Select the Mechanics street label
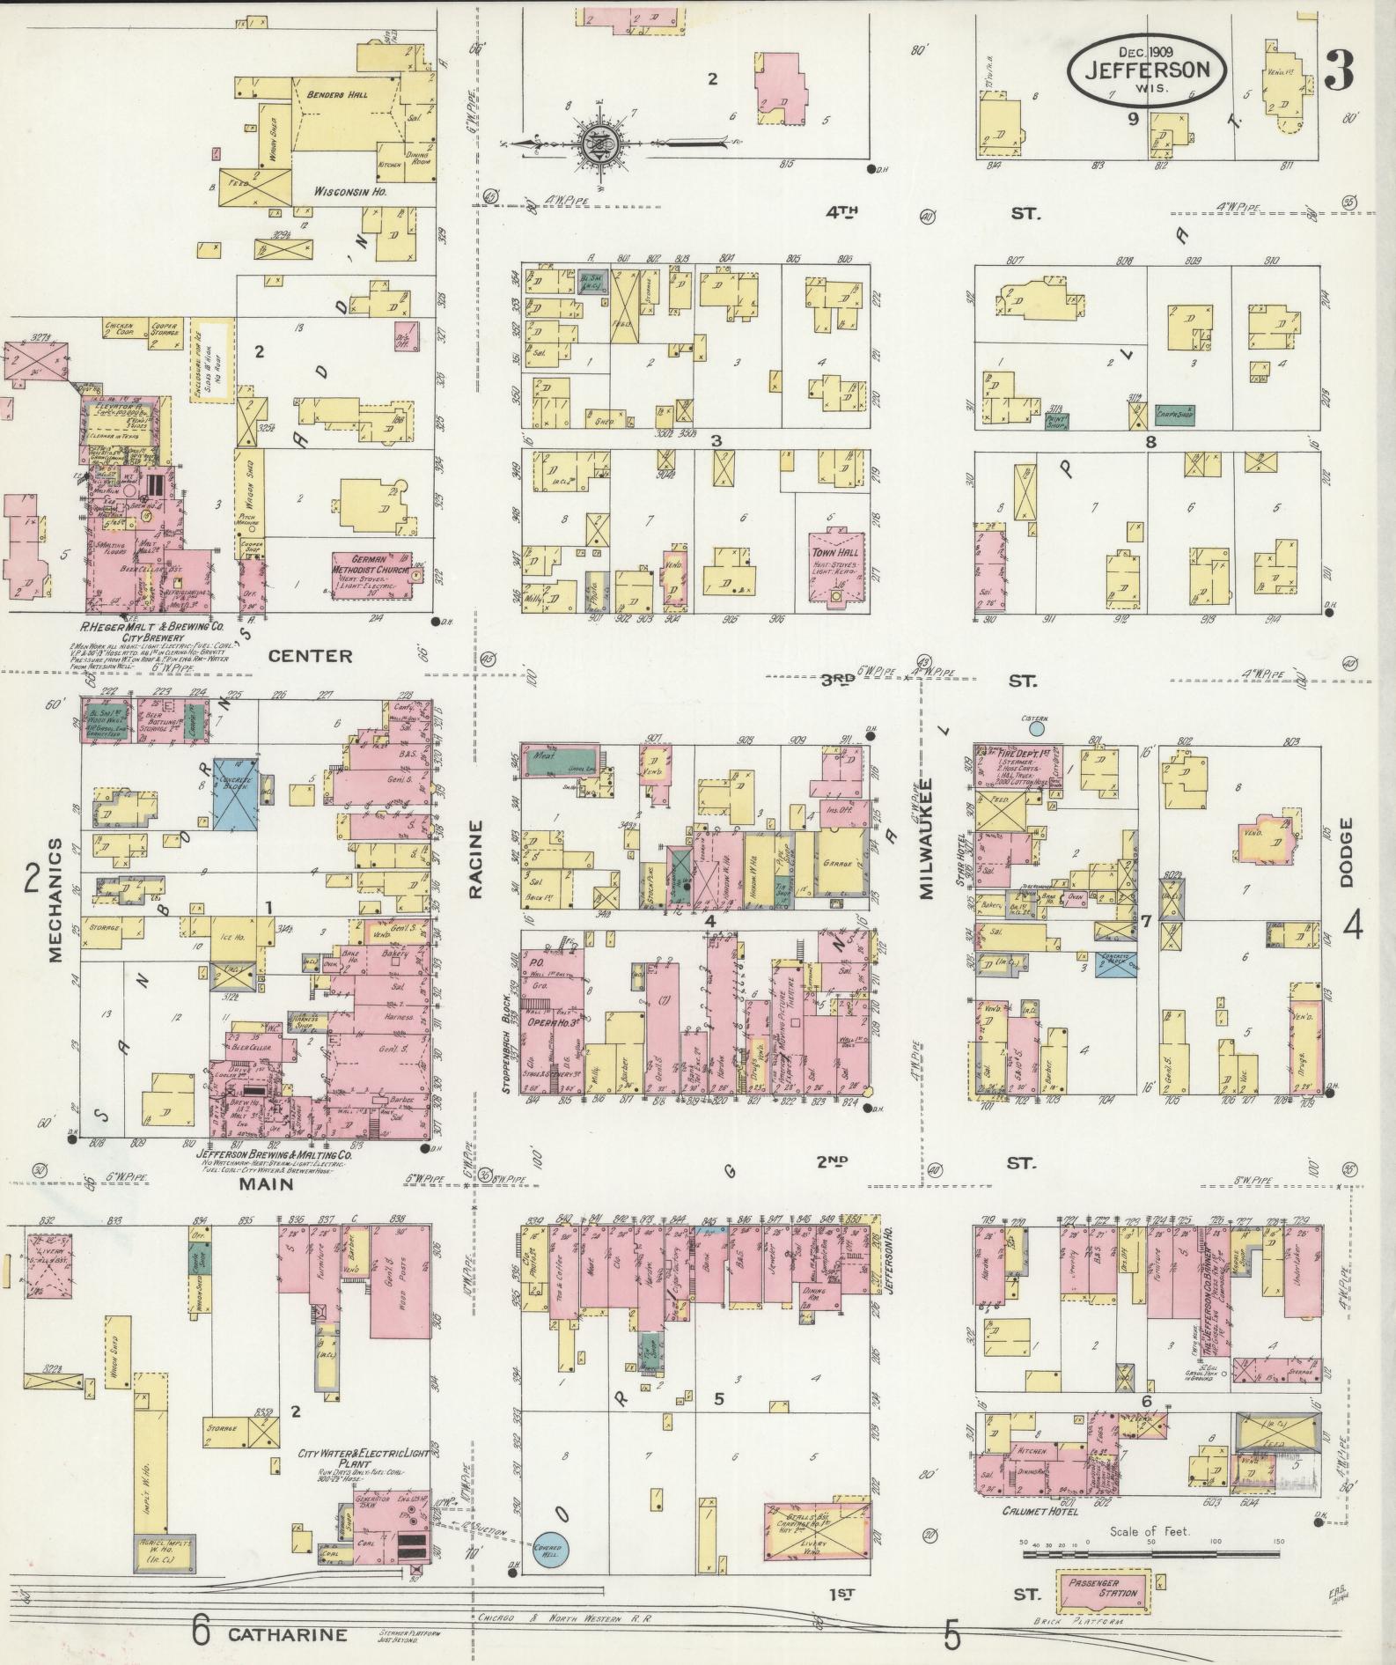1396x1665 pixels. tap(55, 899)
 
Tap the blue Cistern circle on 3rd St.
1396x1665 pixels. tap(1036, 728)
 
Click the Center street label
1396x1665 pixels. tap(310, 656)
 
